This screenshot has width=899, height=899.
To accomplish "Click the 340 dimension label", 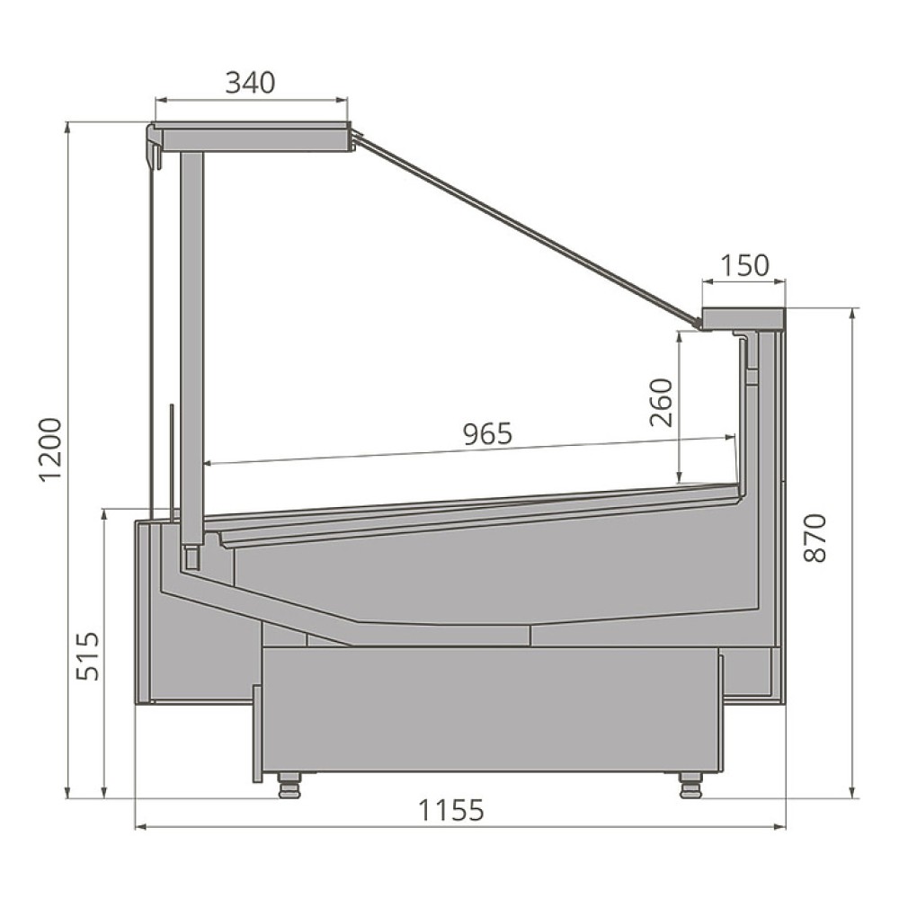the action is [250, 83].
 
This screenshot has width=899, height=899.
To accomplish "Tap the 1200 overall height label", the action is [50, 450].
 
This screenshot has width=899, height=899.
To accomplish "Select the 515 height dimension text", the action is [88, 656].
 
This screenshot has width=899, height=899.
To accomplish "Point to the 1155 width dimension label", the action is [451, 810].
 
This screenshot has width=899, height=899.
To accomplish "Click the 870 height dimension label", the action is [814, 538].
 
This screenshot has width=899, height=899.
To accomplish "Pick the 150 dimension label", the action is [744, 265].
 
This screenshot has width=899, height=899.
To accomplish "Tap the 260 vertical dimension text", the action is [661, 403].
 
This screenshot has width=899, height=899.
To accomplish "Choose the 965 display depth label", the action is [487, 434].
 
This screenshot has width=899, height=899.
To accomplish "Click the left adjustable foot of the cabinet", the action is [289, 786].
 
